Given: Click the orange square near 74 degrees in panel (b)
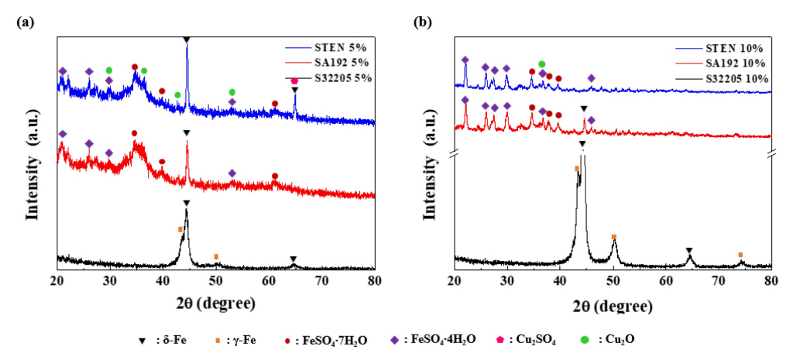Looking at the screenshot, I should click(x=740, y=255).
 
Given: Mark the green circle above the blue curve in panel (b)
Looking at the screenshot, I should click(x=541, y=63).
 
